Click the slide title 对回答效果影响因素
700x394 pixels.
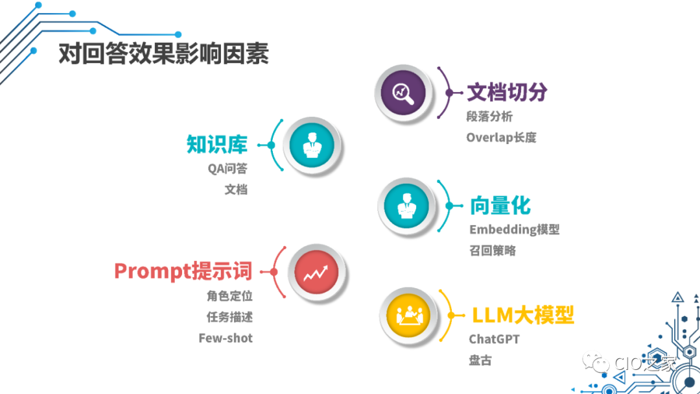[x=163, y=54]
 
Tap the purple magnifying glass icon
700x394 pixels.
[x=402, y=93]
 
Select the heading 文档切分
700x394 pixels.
[x=507, y=92]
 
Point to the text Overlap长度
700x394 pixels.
[x=501, y=138]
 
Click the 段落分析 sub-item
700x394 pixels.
[x=489, y=117]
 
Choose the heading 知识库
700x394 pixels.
[x=217, y=144]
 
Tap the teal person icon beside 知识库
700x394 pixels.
[x=312, y=145]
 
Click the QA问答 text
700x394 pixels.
[x=227, y=169]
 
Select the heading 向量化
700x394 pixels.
[x=500, y=206]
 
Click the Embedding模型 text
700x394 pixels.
[x=514, y=230]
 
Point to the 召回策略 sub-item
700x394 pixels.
[x=493, y=251]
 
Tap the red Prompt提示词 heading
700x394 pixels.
[x=183, y=271]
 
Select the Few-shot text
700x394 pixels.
[x=226, y=338]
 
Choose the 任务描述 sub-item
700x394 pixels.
[x=229, y=317]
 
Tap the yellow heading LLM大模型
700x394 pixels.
[x=522, y=316]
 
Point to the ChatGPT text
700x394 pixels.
[x=494, y=339]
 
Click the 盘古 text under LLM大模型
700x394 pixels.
[x=480, y=360]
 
